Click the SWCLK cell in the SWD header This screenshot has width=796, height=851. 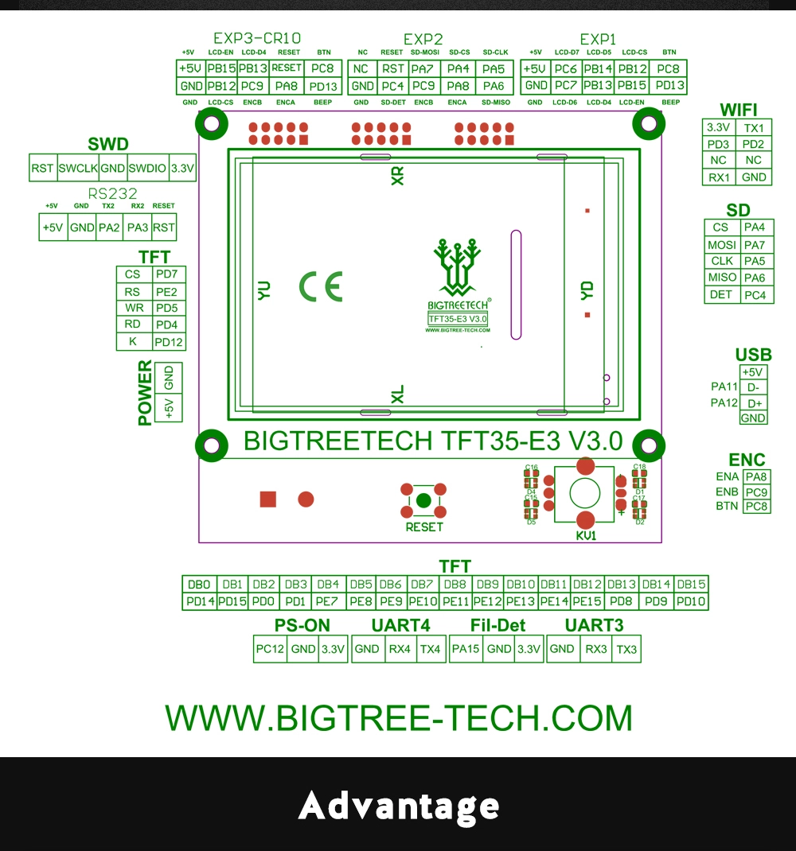tap(77, 169)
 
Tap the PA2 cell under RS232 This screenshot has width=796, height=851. tap(109, 227)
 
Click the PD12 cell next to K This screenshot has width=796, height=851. tap(169, 343)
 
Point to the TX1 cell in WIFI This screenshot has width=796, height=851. tap(753, 128)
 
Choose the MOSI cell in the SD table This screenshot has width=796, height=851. tap(721, 245)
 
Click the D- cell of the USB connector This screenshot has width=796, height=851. tap(753, 387)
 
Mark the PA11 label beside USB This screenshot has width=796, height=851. tap(724, 387)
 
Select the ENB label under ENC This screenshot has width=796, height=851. tap(728, 492)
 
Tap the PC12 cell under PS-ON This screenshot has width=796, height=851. tap(270, 649)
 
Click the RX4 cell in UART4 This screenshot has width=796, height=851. tap(399, 649)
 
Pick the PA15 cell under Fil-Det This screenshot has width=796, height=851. tap(466, 649)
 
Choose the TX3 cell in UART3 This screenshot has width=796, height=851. tap(626, 649)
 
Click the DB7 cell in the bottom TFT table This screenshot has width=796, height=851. tap(422, 585)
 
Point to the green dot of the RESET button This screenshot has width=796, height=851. tap(423, 500)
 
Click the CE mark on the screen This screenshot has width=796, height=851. tap(321, 286)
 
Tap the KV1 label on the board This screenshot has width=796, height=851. tap(586, 536)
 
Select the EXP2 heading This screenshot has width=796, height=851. tap(423, 39)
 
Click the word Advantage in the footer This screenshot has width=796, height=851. tap(399, 806)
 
